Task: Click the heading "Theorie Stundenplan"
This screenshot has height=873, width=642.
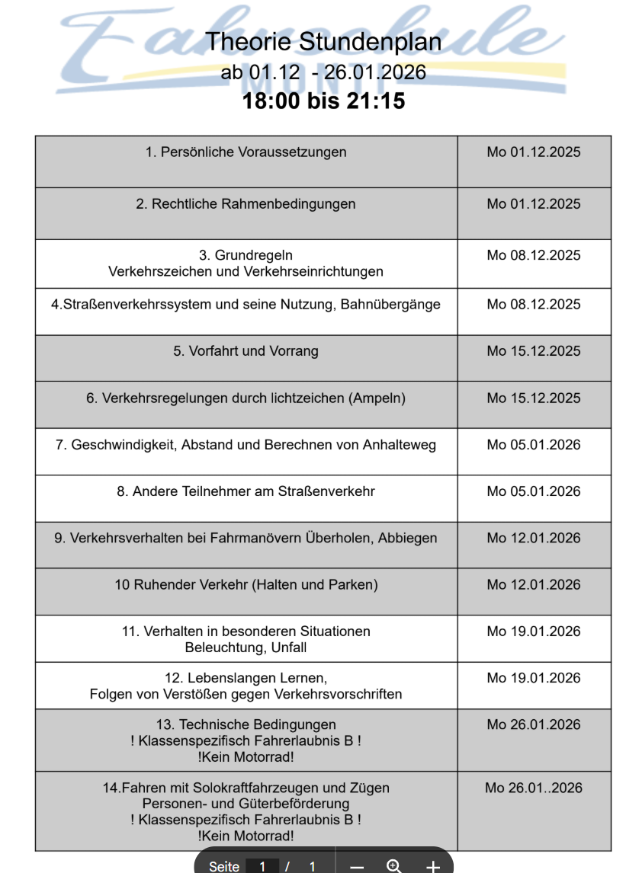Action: tap(323, 41)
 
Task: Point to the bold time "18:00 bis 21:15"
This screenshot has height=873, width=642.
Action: tap(323, 101)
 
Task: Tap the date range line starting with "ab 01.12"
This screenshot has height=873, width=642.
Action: tap(323, 72)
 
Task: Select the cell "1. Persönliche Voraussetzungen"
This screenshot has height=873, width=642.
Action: tap(246, 152)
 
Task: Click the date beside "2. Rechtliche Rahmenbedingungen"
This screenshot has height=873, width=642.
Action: tap(534, 204)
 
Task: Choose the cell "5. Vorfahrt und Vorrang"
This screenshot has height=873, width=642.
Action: tap(246, 352)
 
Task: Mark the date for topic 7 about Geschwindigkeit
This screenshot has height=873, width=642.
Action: tap(534, 445)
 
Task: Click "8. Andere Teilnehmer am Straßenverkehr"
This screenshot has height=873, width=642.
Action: tap(246, 492)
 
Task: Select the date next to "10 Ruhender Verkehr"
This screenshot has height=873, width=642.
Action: tap(534, 585)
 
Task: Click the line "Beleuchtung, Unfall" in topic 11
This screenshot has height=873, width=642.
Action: tap(246, 648)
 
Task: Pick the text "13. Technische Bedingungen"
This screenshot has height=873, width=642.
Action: tap(246, 724)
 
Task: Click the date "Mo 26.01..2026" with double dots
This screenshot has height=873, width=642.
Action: tap(534, 788)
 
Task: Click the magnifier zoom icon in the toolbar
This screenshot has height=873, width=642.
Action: tap(394, 866)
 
